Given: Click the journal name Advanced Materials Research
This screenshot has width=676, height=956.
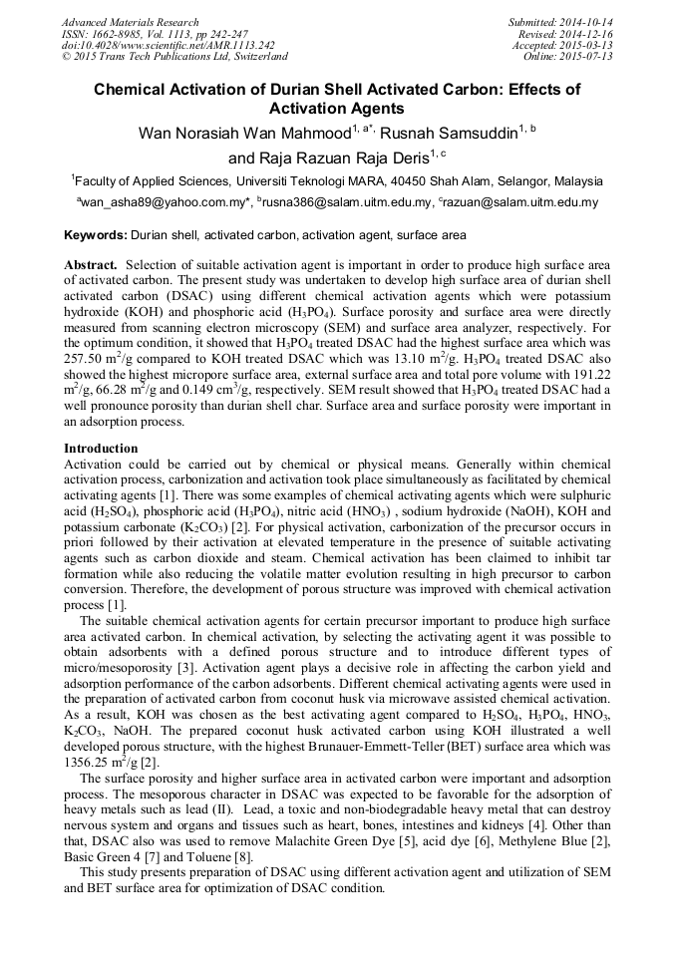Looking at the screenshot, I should click(130, 22).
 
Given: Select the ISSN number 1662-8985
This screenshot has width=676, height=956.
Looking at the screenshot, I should click(119, 34).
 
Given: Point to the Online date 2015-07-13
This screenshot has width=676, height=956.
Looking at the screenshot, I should click(587, 57).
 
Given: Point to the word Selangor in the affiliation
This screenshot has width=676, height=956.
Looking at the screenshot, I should click(518, 181).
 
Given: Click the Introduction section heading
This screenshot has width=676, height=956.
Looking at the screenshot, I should click(101, 449).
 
